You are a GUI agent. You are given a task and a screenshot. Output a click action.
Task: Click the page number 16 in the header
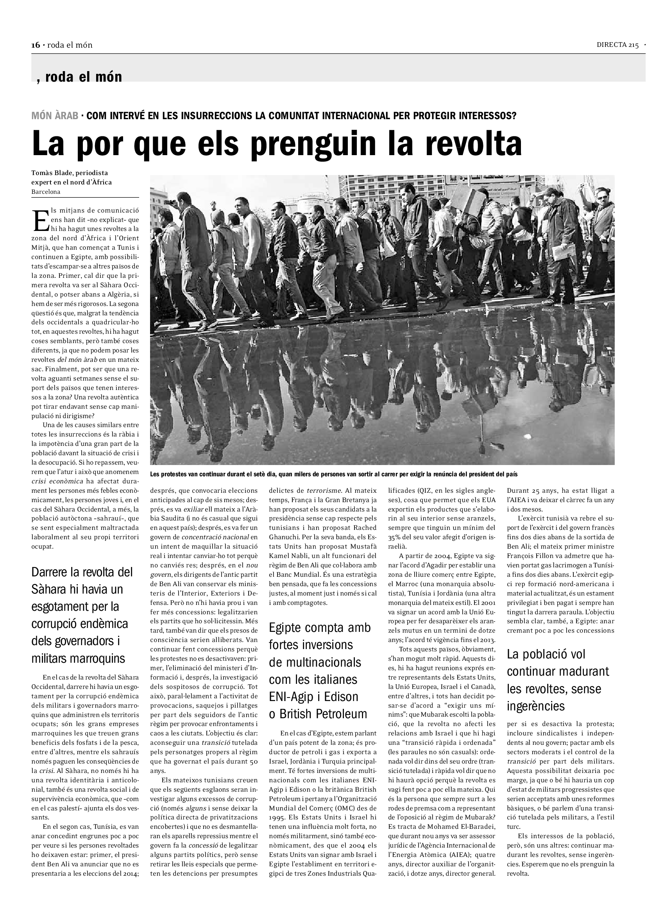click(36, 45)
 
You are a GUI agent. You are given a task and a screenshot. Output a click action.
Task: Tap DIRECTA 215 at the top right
click(617, 45)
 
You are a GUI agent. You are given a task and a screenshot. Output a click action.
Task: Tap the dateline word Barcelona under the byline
click(46, 191)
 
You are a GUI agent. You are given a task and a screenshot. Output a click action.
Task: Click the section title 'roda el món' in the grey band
click(83, 77)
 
